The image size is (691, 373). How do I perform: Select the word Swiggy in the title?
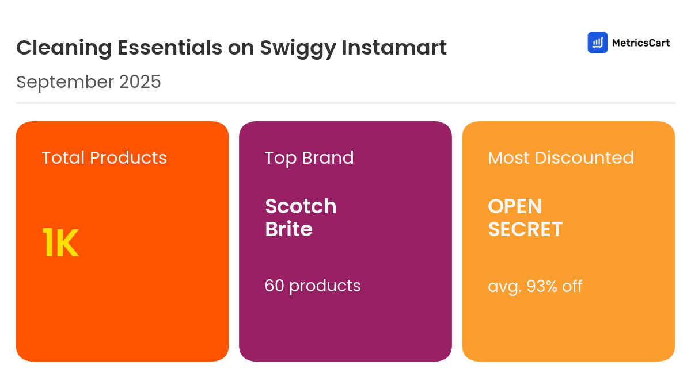298,48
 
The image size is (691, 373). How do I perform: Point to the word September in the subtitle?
65,82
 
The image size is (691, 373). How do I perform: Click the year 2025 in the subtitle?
140,82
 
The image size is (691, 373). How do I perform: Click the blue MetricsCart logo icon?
598,43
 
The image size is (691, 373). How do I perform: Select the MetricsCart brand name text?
641,43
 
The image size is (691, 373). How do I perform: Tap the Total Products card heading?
104,157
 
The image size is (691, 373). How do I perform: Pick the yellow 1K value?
60,243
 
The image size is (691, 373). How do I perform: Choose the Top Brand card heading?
309,157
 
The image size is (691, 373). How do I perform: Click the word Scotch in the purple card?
301,206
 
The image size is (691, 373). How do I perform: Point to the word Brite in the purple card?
288,229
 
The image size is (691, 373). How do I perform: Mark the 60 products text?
313,286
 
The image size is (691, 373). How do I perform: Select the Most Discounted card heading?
561,157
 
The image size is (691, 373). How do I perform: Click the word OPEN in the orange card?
515,206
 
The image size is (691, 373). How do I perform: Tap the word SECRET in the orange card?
525,229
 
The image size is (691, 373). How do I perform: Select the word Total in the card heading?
63,157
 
